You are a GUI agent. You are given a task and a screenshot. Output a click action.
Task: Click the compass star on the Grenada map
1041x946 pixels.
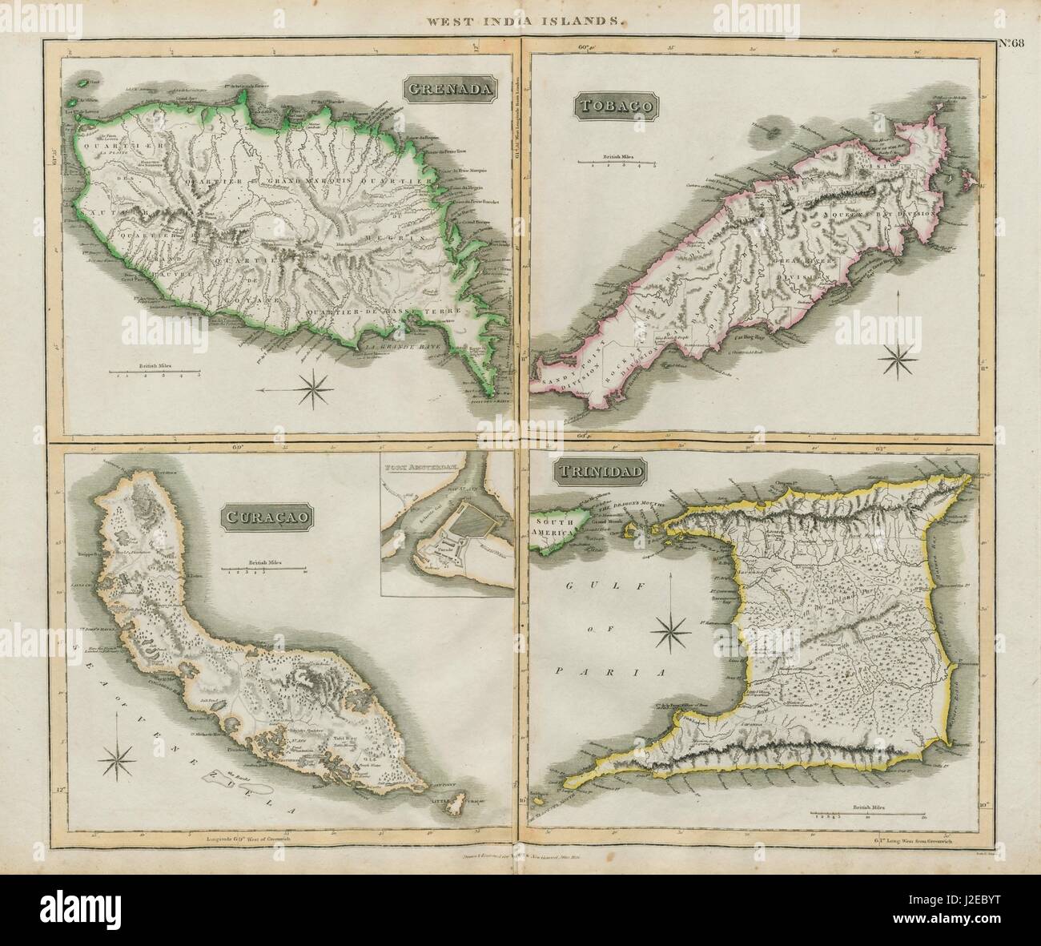(x=315, y=391)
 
